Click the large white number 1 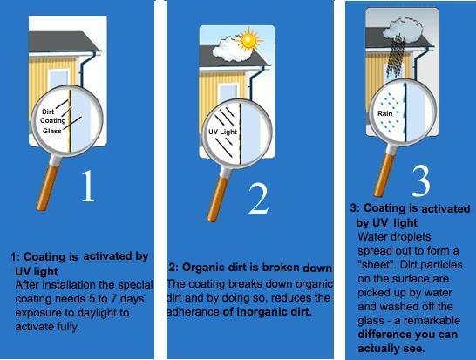pyautogui.click(x=88, y=186)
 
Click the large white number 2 pyautogui.click(x=258, y=199)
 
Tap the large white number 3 pyautogui.click(x=421, y=181)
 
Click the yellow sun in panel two pyautogui.click(x=249, y=39)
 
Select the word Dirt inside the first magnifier pyautogui.click(x=48, y=112)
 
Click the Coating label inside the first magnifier pyautogui.click(x=53, y=120)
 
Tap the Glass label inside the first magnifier pyautogui.click(x=52, y=131)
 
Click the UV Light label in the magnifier pyautogui.click(x=222, y=132)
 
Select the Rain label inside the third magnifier pyautogui.click(x=385, y=113)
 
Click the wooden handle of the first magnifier pyautogui.click(x=47, y=188)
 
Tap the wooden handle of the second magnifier pyautogui.click(x=218, y=200)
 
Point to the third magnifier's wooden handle pyautogui.click(x=384, y=175)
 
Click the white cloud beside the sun pyautogui.click(x=230, y=49)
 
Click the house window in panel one pyautogui.click(x=58, y=80)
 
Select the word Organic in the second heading pyautogui.click(x=200, y=268)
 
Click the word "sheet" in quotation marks pyautogui.click(x=376, y=265)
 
